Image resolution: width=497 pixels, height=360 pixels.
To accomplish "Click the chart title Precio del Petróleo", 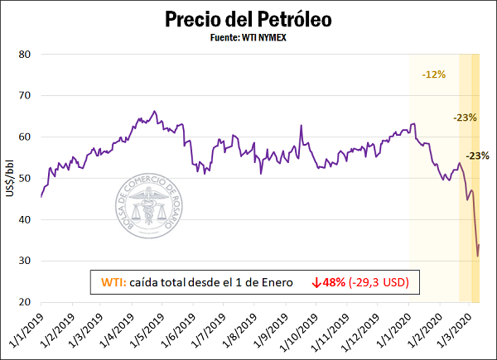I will (x=248, y=19).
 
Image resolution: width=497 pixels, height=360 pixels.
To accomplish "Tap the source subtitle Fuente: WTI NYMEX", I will (x=248, y=37).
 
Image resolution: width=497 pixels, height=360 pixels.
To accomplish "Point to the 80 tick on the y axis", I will (x=26, y=55).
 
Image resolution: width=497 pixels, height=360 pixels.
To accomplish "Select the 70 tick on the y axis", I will (x=26, y=96).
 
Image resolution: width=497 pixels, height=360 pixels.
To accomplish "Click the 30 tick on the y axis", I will (x=26, y=262).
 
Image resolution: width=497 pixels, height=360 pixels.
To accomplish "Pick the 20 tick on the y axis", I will (x=26, y=303).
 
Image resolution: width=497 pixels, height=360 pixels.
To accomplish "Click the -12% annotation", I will (x=433, y=74).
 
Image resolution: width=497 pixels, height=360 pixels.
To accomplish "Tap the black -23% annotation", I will (x=477, y=156).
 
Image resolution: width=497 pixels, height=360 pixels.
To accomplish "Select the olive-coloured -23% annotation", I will (x=465, y=118).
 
